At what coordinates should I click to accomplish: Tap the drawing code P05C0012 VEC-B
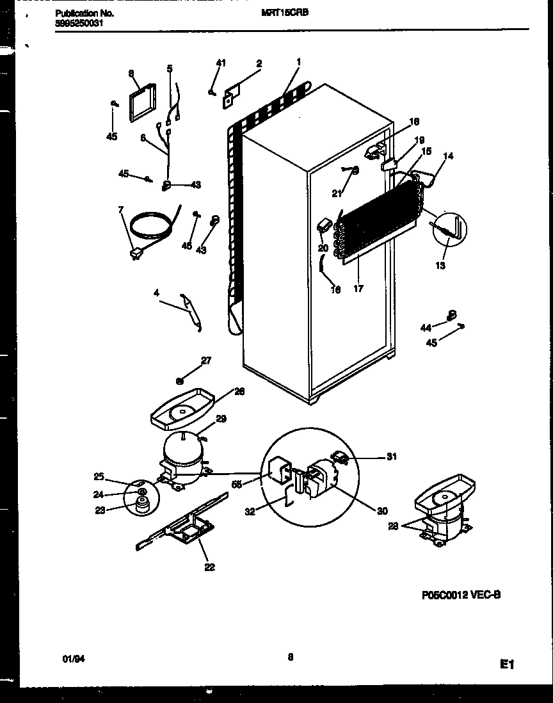[461, 594]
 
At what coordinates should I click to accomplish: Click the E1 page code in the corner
[508, 665]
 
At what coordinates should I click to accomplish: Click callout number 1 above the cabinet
[298, 62]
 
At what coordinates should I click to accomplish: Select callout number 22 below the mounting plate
[209, 567]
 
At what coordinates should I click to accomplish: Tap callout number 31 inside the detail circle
[392, 457]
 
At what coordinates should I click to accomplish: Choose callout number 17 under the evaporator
[358, 289]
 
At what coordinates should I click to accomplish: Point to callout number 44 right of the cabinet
[426, 328]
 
